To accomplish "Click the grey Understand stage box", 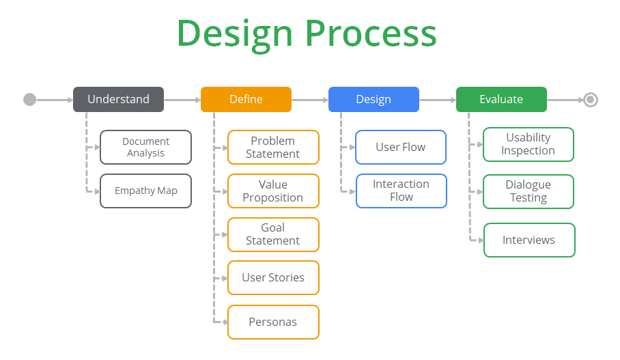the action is (x=118, y=99).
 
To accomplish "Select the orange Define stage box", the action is (x=246, y=99).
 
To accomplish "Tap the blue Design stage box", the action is (x=374, y=99).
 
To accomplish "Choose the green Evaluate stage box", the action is (x=501, y=99).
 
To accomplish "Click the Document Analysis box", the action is (x=146, y=147).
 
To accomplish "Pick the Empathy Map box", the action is (x=146, y=191).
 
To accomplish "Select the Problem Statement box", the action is (x=273, y=147).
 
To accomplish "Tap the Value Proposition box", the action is (x=273, y=191).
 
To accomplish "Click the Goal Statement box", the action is (x=273, y=234).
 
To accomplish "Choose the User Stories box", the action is (x=273, y=278).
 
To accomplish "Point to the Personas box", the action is (x=273, y=322).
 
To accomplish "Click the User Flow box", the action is (x=401, y=147).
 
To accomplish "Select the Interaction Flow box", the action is (x=401, y=191).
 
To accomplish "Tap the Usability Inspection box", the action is (x=529, y=144).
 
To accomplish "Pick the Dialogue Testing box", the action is (x=529, y=191).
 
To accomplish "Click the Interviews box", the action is (x=529, y=240).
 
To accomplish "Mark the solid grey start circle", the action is (x=29, y=100).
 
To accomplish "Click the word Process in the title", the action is (x=371, y=34).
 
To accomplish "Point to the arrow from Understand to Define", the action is (x=182, y=100).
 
